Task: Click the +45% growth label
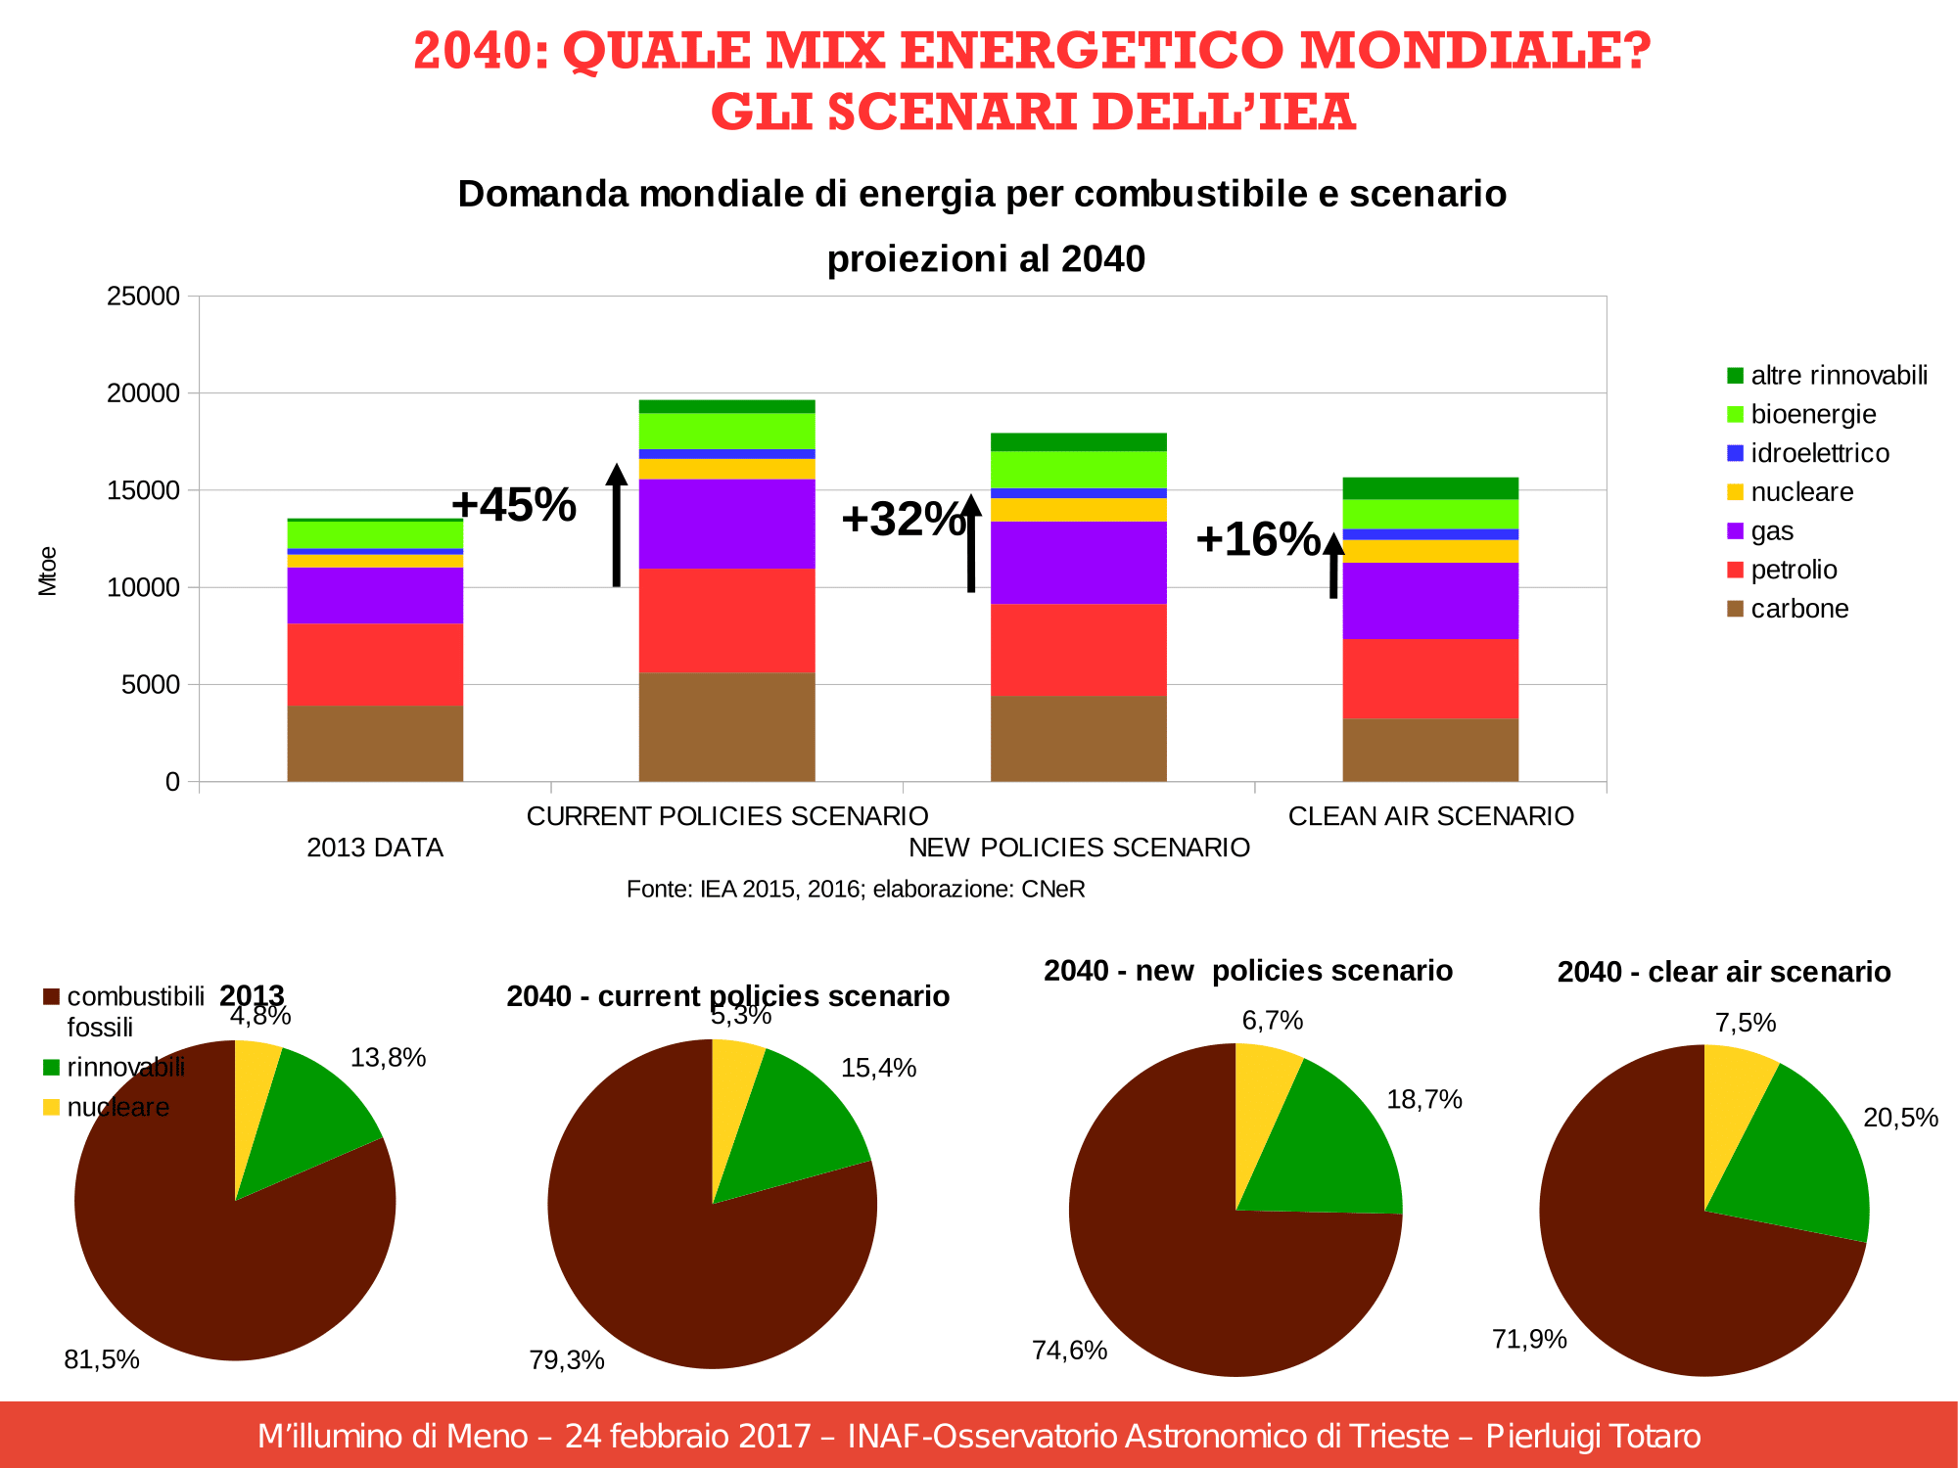coord(513,505)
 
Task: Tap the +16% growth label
coord(1257,539)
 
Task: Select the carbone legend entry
coord(1798,609)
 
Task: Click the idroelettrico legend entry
coord(1819,453)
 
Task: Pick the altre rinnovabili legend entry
coord(1838,376)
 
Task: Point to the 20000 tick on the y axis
coord(144,393)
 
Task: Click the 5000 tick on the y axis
coord(151,685)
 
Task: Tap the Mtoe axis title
coord(48,572)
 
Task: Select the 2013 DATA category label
coord(375,848)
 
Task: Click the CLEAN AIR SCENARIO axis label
coord(1430,816)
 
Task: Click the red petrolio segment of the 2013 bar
coord(375,665)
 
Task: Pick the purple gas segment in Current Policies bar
coord(726,524)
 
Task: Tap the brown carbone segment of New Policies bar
coord(1078,739)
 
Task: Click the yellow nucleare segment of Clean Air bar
coord(1429,551)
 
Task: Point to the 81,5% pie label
coord(102,1359)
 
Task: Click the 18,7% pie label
coord(1424,1100)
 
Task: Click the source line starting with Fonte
coord(856,890)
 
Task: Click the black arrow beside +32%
coord(971,543)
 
